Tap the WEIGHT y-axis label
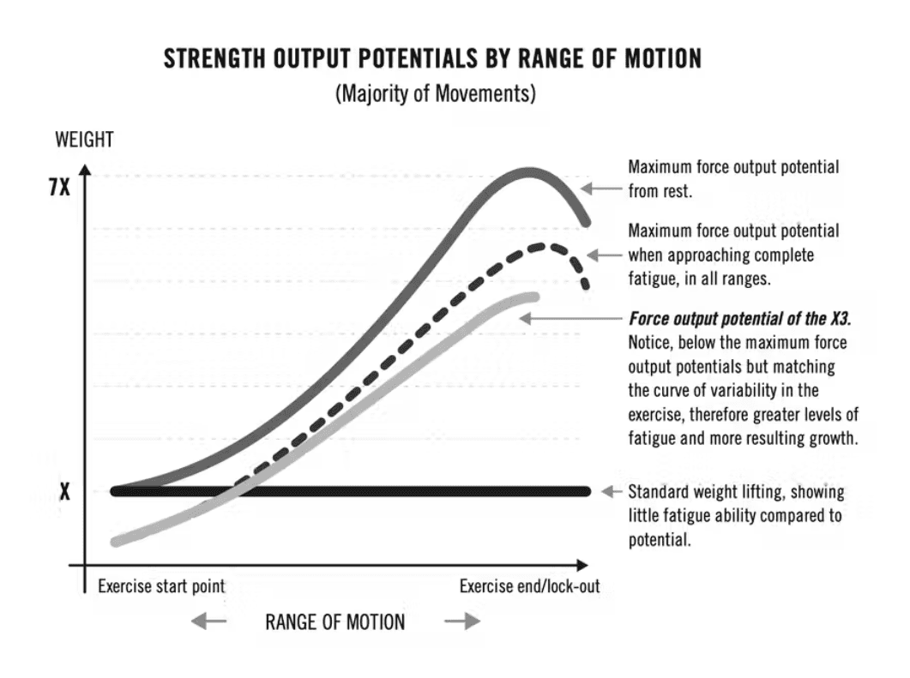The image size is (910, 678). (84, 139)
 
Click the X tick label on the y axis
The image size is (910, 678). (64, 493)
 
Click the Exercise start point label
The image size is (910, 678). (161, 587)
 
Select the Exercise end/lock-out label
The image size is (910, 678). (529, 587)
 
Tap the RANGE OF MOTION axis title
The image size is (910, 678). (334, 622)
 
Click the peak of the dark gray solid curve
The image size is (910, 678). (529, 172)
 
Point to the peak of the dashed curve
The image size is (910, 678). (540, 247)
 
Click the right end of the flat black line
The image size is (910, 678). (586, 492)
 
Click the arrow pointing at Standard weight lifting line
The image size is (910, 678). (612, 492)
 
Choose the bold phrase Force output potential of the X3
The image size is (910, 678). (739, 319)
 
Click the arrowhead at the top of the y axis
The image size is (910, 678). (84, 162)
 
